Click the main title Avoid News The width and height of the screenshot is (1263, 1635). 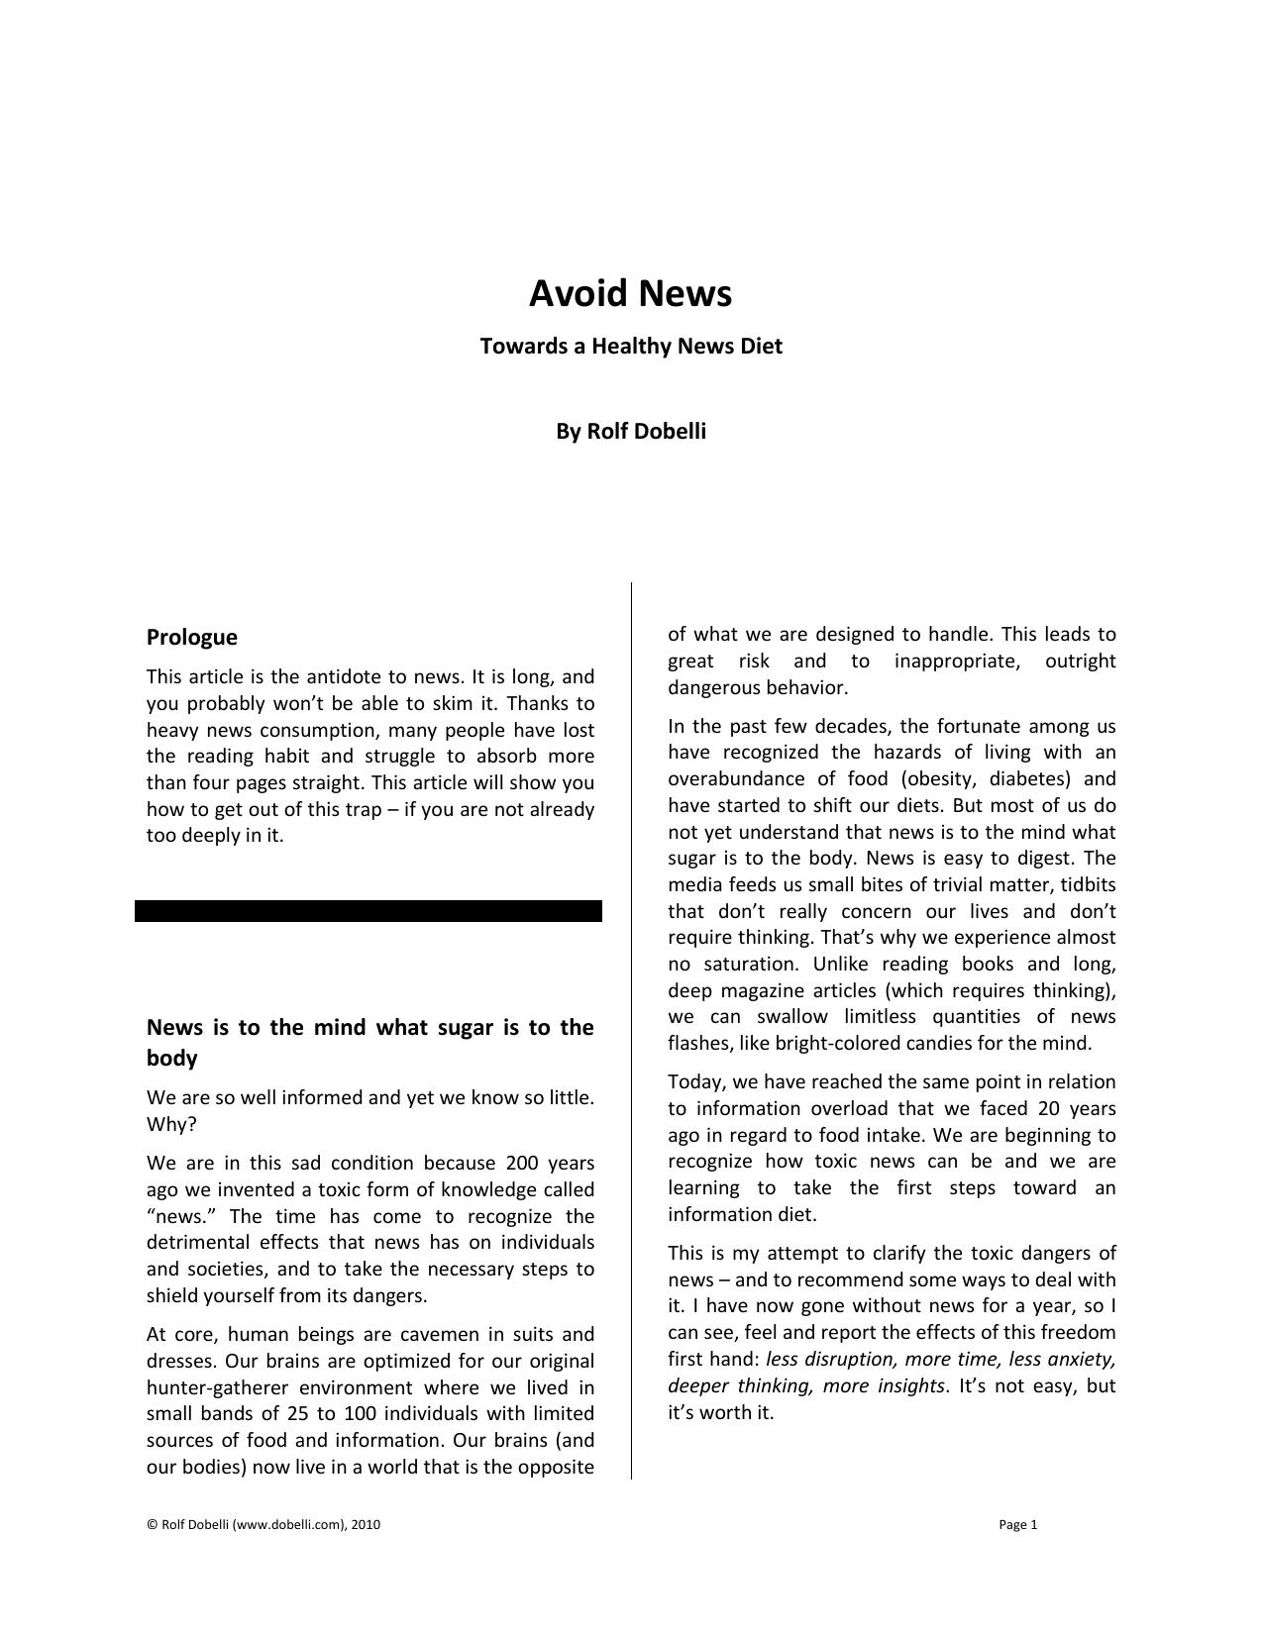click(x=630, y=293)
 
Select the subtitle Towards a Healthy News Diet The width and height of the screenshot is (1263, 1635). click(x=631, y=347)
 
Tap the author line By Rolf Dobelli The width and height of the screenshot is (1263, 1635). click(x=631, y=432)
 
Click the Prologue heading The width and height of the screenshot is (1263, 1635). click(x=191, y=638)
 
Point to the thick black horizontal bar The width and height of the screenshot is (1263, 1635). click(x=368, y=911)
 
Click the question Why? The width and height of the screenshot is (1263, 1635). click(x=171, y=1125)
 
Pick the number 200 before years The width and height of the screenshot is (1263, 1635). click(x=522, y=1164)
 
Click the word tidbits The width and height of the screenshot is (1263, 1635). click(x=1088, y=885)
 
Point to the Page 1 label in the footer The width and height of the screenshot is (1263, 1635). click(x=1017, y=1525)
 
